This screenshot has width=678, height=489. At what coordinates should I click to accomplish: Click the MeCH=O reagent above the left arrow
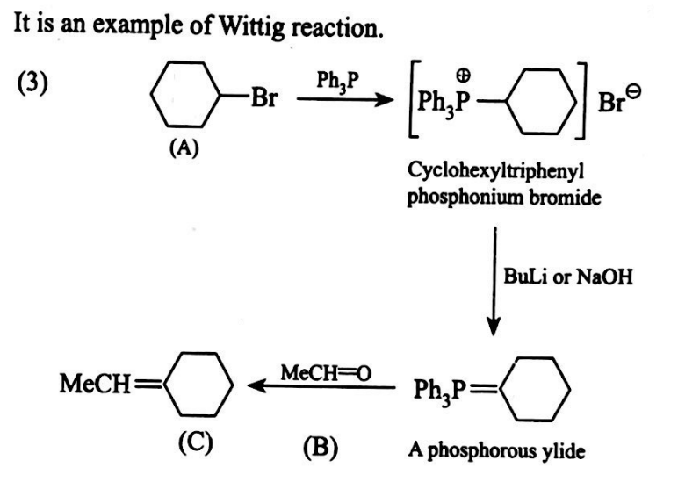pyautogui.click(x=326, y=372)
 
